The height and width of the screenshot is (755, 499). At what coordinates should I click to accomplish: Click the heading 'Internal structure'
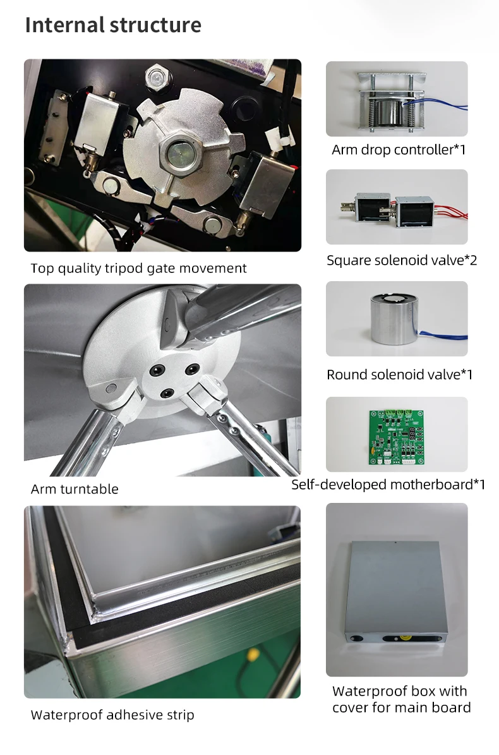(113, 25)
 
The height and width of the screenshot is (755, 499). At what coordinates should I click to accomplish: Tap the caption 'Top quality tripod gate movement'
(138, 268)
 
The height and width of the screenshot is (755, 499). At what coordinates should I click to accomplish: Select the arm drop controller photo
(397, 99)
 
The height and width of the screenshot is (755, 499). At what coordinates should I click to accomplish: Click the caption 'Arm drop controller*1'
(399, 150)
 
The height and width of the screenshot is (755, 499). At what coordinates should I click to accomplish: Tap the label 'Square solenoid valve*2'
(402, 260)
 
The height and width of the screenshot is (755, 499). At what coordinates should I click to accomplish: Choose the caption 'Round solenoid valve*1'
(399, 375)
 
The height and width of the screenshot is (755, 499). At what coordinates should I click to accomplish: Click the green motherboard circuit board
(397, 437)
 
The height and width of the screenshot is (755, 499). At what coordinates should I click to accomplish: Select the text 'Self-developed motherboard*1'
(388, 485)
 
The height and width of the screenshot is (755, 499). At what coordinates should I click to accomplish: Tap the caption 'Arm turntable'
(75, 489)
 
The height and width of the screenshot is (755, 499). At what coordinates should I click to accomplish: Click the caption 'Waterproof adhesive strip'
(112, 715)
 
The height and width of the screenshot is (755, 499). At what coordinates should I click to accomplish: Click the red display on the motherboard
(412, 433)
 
